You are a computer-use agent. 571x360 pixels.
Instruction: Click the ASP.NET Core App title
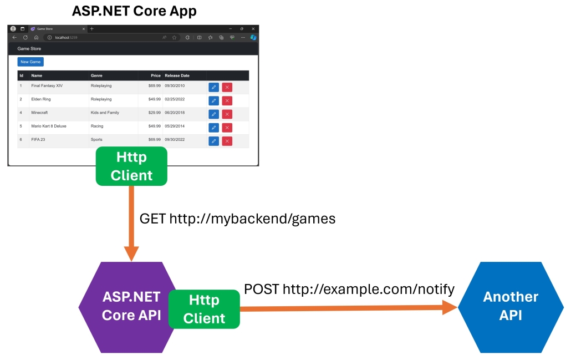pos(134,11)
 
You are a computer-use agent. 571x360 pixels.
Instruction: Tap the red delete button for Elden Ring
pos(227,100)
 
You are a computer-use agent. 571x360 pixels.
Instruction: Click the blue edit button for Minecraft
pos(214,114)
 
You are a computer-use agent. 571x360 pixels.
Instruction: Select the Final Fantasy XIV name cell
pos(47,85)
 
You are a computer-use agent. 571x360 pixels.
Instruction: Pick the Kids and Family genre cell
pos(105,113)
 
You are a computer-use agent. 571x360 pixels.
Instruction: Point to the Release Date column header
pos(177,75)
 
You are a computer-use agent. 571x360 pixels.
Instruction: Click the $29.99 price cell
pos(155,113)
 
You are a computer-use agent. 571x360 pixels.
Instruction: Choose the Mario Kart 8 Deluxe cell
pos(49,126)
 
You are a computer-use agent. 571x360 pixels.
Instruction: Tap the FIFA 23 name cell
pos(38,140)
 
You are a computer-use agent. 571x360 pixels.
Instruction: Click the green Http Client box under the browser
pos(131,166)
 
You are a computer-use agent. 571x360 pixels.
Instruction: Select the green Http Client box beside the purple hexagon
pos(204,309)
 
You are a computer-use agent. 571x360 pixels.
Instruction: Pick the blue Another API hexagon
pos(511,307)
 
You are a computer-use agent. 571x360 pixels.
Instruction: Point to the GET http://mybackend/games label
pos(237,219)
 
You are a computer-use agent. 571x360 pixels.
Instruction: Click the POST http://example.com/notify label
pos(349,289)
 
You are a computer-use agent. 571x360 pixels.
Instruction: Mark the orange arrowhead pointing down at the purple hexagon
pos(131,253)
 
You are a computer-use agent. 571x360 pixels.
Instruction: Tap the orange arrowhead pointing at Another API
pos(450,307)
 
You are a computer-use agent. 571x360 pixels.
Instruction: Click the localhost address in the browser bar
pos(66,38)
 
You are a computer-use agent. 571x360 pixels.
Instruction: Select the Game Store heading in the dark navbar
pos(29,48)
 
